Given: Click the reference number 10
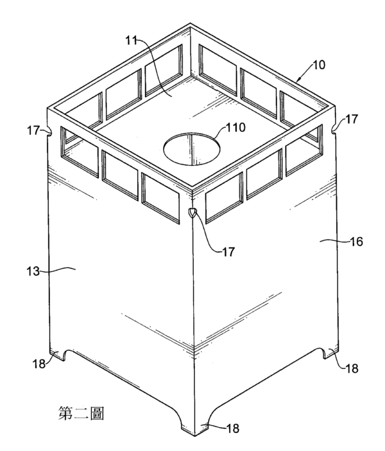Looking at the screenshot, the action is coord(318,65).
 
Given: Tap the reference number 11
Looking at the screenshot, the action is coord(132,40).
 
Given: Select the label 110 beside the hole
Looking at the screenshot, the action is coord(235,127).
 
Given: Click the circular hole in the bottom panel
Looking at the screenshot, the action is coord(192,149).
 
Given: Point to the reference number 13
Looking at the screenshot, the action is coord(33,271).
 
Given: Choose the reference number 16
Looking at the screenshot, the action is coord(356,242).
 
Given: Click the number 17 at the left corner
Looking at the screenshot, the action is coord(33,130).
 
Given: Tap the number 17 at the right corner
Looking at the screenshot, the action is coord(351,119).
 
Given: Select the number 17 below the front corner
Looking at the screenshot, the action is coord(228,252).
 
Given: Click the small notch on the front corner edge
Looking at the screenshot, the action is coord(193,213).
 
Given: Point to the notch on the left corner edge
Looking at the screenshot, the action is coord(49,132).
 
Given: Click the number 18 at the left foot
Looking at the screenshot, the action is coord(38,364).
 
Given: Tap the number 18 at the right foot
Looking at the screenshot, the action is coord(352,369).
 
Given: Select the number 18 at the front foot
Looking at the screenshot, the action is coord(233,429).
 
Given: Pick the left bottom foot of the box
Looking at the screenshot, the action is coord(57,355).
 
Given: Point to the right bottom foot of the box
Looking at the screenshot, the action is coord(330,352).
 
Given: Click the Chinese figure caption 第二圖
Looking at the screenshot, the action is coord(81,413).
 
